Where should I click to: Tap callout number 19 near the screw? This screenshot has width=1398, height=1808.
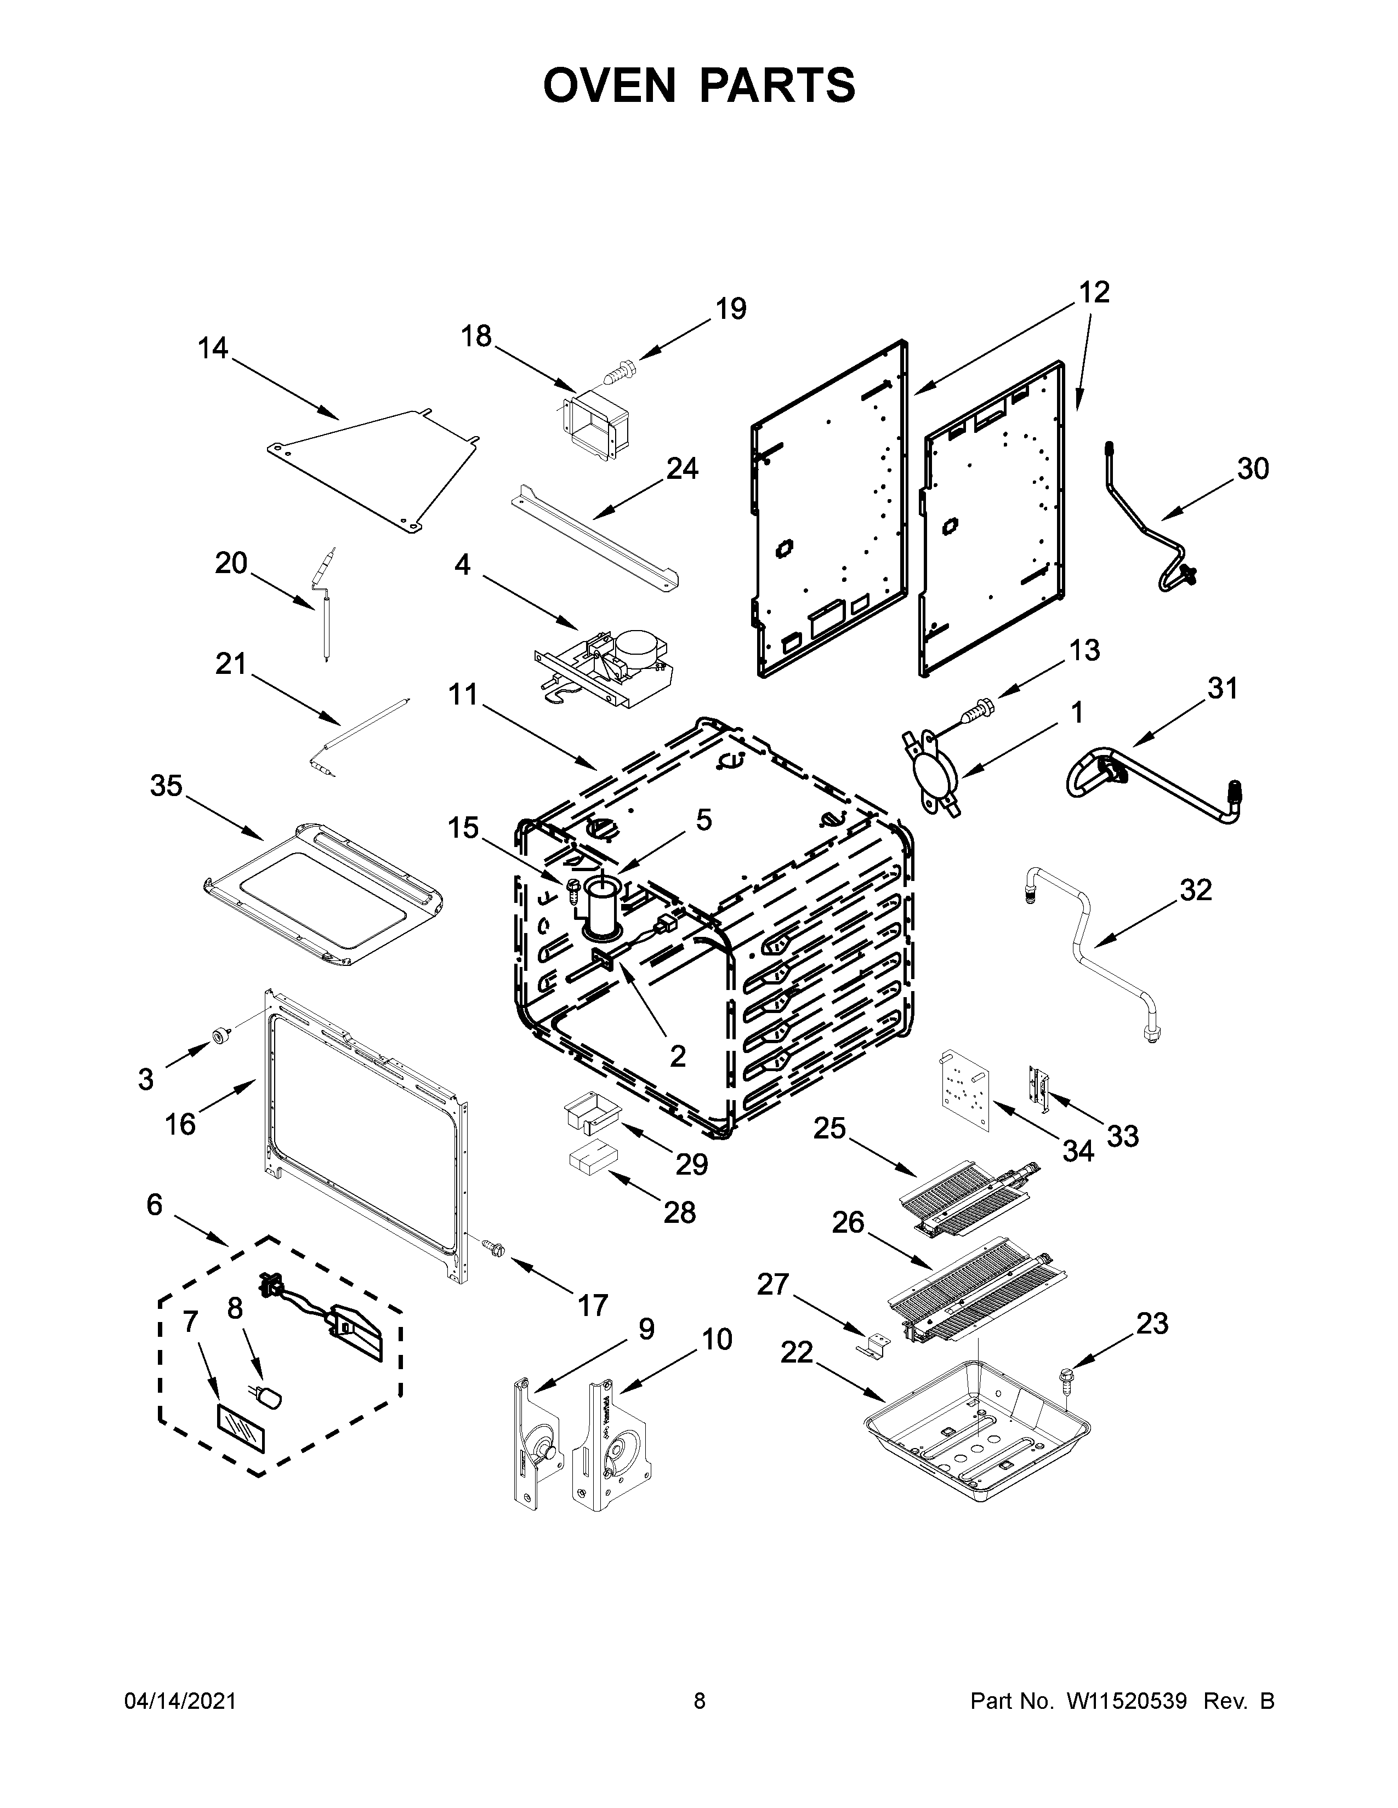[x=730, y=309]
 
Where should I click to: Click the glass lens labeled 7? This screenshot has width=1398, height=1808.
[x=241, y=1427]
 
